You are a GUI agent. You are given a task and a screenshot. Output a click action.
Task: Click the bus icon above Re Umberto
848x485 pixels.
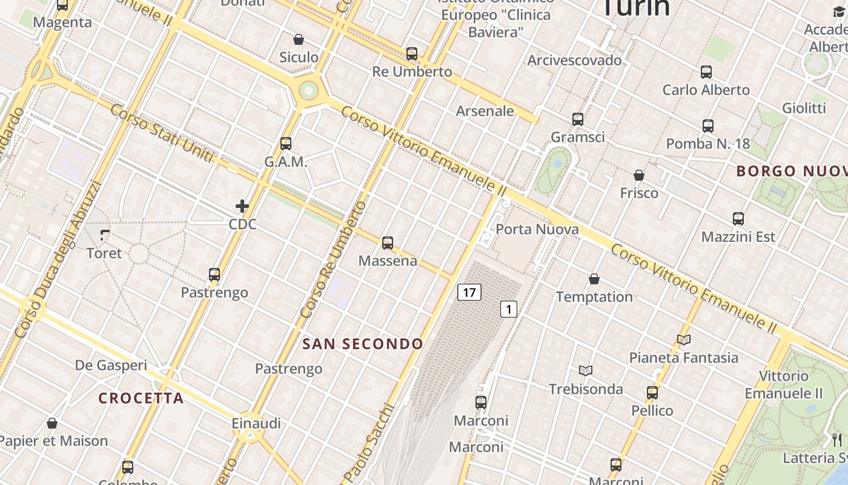[412, 53]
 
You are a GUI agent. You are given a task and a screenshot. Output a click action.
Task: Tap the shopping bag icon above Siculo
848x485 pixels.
[299, 39]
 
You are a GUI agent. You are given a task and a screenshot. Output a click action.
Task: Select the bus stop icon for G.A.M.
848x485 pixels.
[286, 144]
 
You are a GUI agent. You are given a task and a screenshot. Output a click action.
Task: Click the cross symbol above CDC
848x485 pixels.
[242, 206]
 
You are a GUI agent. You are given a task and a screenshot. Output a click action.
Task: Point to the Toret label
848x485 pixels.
[104, 253]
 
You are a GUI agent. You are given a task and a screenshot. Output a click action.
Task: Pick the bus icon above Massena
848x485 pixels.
[388, 243]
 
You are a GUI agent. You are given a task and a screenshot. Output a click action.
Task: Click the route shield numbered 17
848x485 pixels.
[469, 292]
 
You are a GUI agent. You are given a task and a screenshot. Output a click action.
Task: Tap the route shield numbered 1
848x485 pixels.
[509, 309]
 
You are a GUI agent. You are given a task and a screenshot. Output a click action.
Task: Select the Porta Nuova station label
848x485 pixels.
[537, 229]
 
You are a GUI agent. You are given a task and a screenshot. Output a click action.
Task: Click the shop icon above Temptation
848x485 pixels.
[594, 279]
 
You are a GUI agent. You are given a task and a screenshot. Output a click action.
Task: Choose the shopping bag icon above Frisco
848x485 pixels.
[638, 176]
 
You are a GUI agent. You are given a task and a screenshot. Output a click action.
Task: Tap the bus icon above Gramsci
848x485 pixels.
[578, 119]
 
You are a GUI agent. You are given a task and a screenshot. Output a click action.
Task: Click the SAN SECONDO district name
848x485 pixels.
[363, 344]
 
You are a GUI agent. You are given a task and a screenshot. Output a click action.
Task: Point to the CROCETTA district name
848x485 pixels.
[141, 398]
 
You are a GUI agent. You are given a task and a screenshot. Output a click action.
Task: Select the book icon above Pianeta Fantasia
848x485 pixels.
[684, 339]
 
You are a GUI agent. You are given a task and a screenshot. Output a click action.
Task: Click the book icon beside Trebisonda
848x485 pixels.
[585, 370]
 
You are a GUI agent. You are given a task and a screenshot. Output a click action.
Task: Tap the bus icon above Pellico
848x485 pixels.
[652, 392]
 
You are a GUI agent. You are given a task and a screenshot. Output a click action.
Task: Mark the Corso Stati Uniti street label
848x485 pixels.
[162, 133]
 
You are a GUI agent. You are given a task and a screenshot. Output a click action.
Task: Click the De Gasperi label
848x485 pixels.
[111, 365]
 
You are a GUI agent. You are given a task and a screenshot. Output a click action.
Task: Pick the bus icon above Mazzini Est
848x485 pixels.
[738, 219]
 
